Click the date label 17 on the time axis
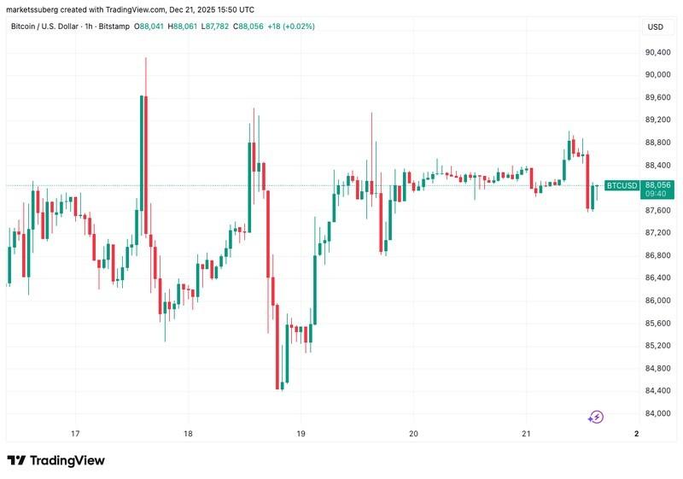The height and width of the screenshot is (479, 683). click(x=75, y=434)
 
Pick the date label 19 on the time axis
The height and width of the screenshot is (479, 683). click(x=301, y=434)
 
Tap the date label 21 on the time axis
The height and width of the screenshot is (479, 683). click(x=526, y=434)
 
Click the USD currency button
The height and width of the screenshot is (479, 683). click(x=656, y=26)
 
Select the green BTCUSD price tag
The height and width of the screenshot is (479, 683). click(x=621, y=185)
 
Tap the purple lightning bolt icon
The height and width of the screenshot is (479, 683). click(x=597, y=418)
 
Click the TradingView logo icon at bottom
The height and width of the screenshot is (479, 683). click(x=16, y=460)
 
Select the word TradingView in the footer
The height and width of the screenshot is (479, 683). click(x=67, y=460)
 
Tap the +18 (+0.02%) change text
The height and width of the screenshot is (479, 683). click(x=291, y=26)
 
